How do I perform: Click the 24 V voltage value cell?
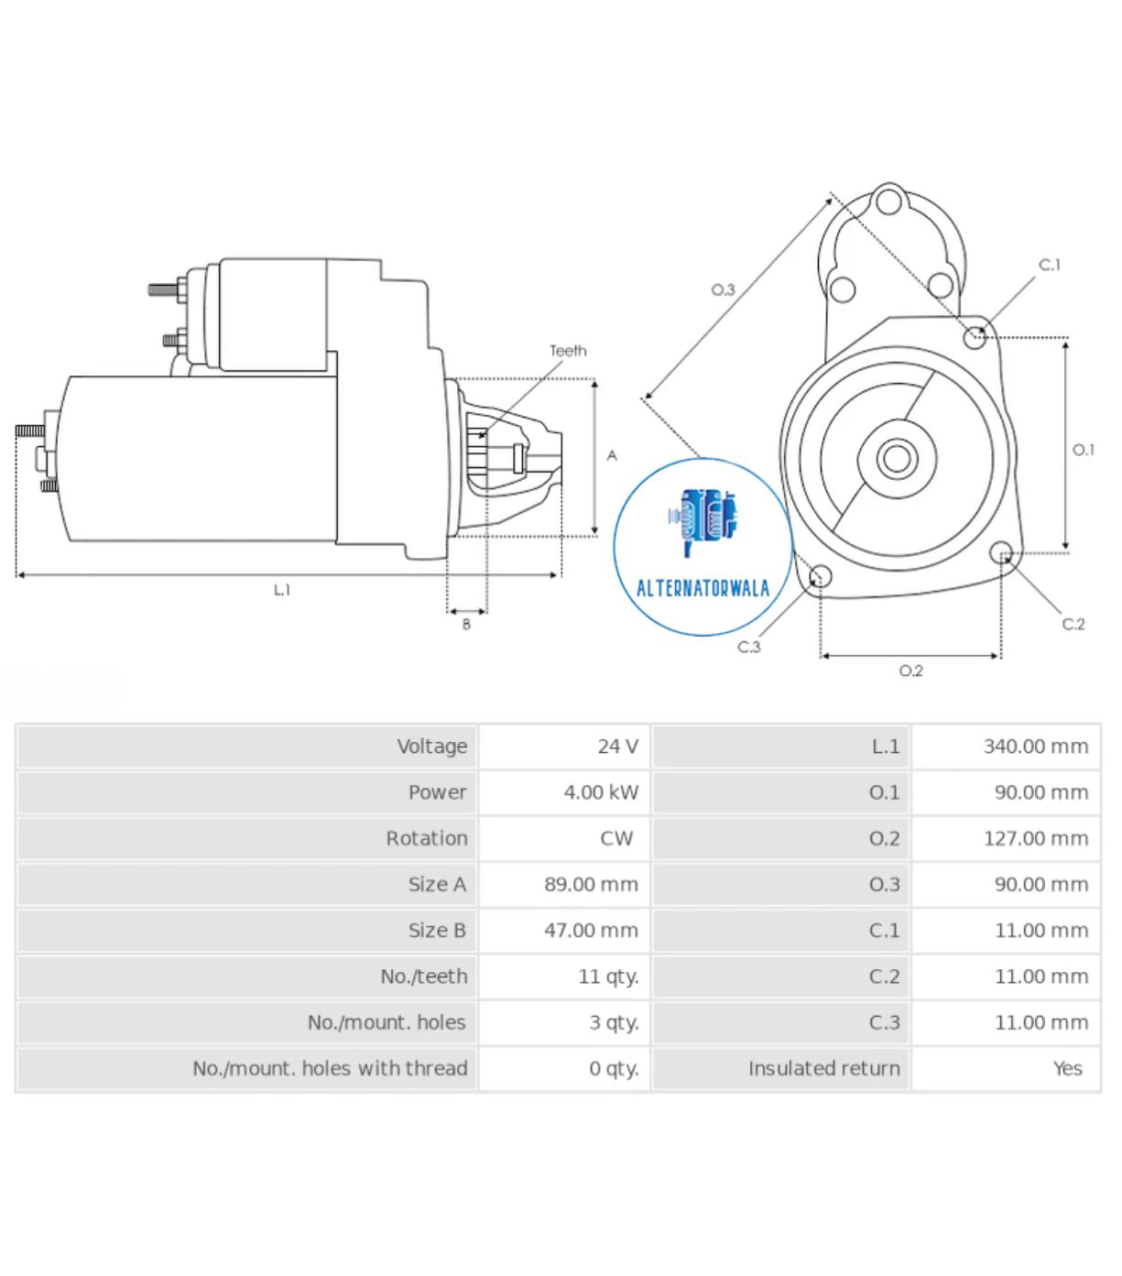(x=617, y=747)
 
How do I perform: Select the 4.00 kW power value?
(x=601, y=792)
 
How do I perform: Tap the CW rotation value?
(x=615, y=838)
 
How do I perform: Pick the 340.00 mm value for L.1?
(x=1035, y=747)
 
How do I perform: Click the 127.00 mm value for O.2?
(x=1035, y=838)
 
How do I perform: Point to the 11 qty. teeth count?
(x=608, y=976)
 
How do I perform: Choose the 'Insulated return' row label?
(x=823, y=1068)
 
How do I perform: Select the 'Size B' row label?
(x=437, y=931)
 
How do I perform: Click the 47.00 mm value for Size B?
(x=591, y=931)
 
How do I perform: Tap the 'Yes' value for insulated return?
(x=1067, y=1068)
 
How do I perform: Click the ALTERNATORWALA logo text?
(x=703, y=588)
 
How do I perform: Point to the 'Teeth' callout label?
(x=568, y=351)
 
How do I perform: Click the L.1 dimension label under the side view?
(x=282, y=590)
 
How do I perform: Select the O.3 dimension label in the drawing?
(x=723, y=290)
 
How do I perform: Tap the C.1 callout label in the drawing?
(x=1049, y=265)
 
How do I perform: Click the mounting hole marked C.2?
(x=1001, y=552)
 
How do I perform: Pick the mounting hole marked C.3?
(x=821, y=577)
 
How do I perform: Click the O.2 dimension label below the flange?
(x=910, y=671)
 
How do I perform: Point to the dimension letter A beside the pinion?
(x=612, y=455)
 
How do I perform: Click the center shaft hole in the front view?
(x=896, y=458)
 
